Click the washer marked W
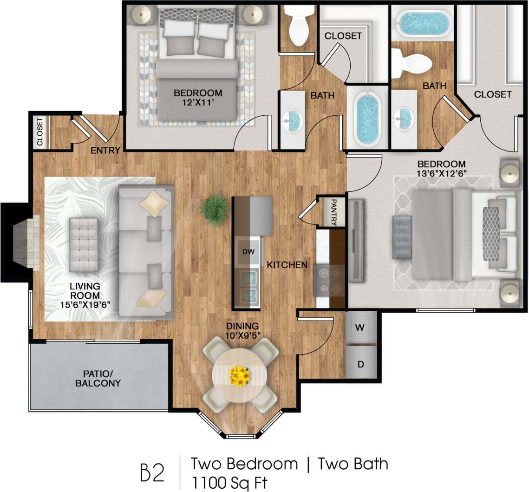(360, 328)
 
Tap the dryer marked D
(360, 364)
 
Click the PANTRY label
(333, 213)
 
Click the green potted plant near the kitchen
(214, 209)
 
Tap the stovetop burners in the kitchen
(330, 280)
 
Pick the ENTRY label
(106, 150)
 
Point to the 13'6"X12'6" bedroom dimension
(441, 173)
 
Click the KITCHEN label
(287, 265)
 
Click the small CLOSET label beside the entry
(40, 132)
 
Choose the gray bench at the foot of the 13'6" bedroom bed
(402, 237)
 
